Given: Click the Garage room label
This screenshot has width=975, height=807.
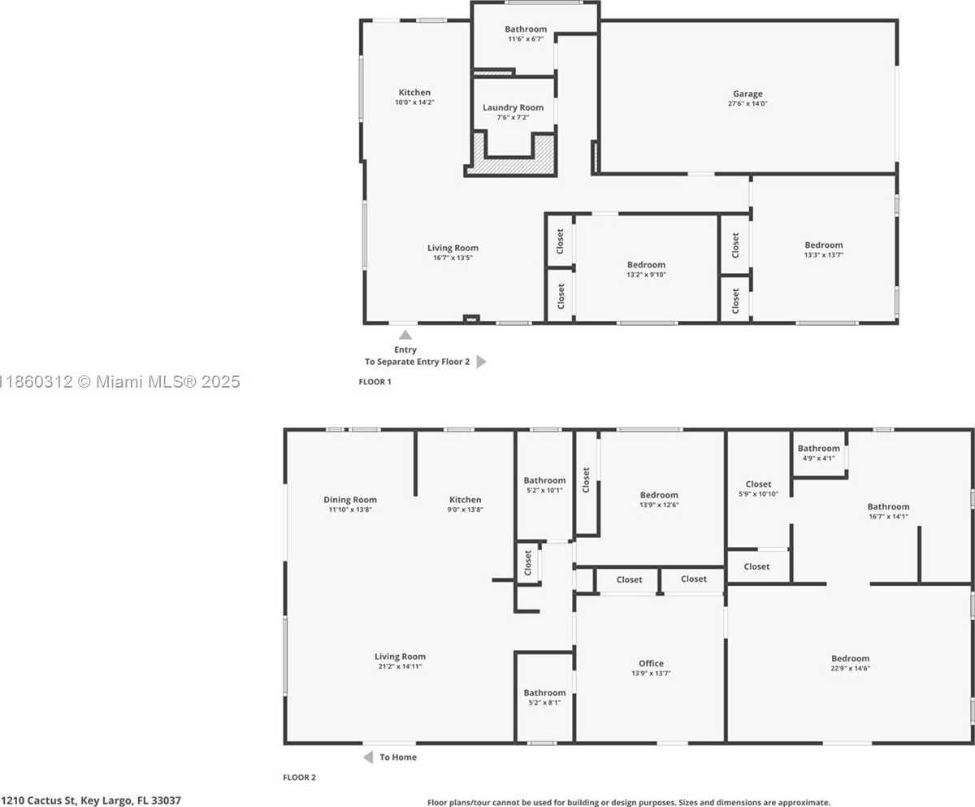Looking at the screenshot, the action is (747, 94).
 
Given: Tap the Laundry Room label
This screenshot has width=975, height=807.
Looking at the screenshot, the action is (513, 107).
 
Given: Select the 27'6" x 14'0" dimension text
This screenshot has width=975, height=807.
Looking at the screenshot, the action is (747, 104).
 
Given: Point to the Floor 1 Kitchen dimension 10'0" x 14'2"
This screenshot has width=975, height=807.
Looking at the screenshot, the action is (414, 102).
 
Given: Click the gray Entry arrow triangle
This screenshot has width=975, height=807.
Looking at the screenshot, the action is (405, 335).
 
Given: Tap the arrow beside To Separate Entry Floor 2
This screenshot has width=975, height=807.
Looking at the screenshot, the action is (482, 362).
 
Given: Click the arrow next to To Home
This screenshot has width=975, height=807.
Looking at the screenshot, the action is (368, 757).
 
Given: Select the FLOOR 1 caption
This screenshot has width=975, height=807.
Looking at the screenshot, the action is (375, 381).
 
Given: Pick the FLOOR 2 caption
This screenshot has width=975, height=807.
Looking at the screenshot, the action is (299, 778).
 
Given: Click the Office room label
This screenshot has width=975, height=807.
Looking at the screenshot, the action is (651, 663).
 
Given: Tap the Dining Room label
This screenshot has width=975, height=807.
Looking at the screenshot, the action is (349, 500).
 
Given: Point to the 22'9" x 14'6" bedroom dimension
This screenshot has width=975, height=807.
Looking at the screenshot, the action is (850, 668).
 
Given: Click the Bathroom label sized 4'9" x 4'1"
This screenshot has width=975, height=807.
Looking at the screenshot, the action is (818, 449).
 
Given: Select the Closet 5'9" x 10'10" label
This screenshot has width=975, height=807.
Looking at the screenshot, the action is (758, 484).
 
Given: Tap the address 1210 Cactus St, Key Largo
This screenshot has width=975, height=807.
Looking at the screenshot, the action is (90, 800).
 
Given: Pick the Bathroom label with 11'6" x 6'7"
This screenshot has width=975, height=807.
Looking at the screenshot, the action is (526, 29).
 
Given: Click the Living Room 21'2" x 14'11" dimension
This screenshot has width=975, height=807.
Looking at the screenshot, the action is (400, 666).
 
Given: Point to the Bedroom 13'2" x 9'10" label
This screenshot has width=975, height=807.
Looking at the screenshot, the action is (646, 265).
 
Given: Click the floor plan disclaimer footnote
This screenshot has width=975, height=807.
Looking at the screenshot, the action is (629, 802).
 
